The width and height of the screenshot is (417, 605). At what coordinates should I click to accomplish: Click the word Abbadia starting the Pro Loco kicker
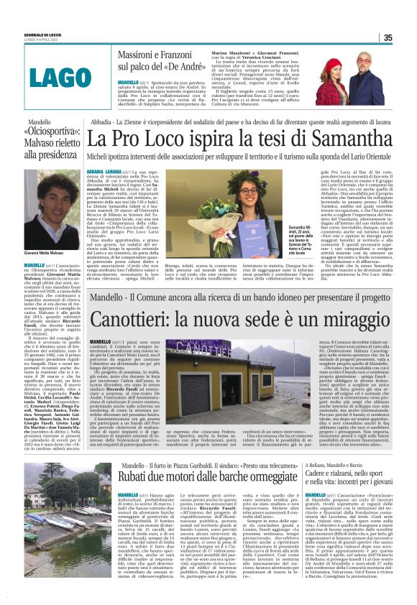(x=101, y=122)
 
